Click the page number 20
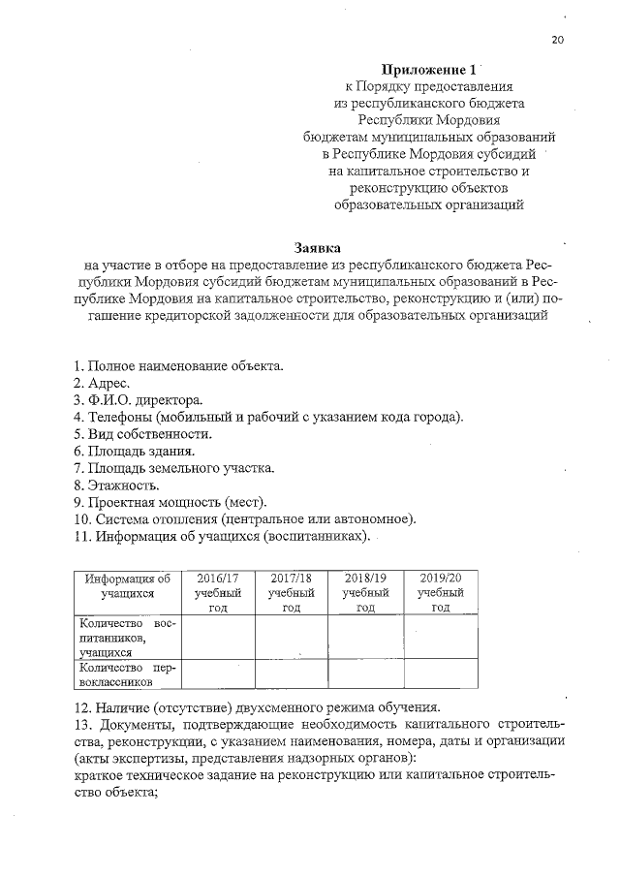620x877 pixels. (x=557, y=39)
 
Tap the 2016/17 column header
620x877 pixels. (x=218, y=591)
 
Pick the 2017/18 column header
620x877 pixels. (x=291, y=591)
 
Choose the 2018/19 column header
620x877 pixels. (x=365, y=591)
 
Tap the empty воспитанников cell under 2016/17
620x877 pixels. (x=218, y=638)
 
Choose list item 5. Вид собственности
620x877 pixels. (x=142, y=433)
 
